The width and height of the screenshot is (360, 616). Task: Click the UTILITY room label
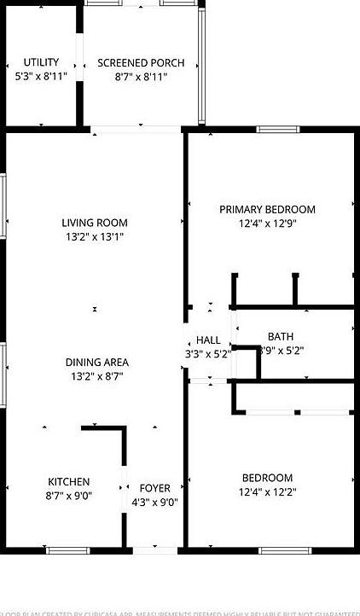pos(41,62)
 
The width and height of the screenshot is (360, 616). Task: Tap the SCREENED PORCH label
pos(141,63)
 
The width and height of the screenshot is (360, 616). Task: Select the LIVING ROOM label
pos(94,224)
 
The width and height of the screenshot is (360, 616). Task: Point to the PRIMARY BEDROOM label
pos(267,210)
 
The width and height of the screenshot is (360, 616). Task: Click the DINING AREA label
pos(97,362)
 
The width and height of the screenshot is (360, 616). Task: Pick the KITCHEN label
pos(68,482)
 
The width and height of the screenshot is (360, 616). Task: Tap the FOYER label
pos(155,489)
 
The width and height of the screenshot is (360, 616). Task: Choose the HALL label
pos(208,340)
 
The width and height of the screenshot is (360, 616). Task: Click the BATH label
pos(280,336)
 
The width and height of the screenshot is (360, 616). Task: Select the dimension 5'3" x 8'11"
pos(41,77)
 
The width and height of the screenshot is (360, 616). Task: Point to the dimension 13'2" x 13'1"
pos(94,237)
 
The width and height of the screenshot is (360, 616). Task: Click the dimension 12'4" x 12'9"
pos(267,224)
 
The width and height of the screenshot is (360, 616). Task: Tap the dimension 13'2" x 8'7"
pos(97,375)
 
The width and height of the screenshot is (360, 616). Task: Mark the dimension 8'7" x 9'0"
pos(68,496)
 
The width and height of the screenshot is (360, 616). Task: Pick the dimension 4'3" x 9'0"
pos(155,503)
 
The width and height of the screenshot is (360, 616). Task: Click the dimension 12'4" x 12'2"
pos(267,491)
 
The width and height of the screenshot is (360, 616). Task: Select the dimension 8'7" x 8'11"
pos(141,77)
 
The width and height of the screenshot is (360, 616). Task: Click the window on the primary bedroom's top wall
pos(278,130)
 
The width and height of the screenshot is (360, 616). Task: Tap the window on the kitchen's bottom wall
pos(68,550)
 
